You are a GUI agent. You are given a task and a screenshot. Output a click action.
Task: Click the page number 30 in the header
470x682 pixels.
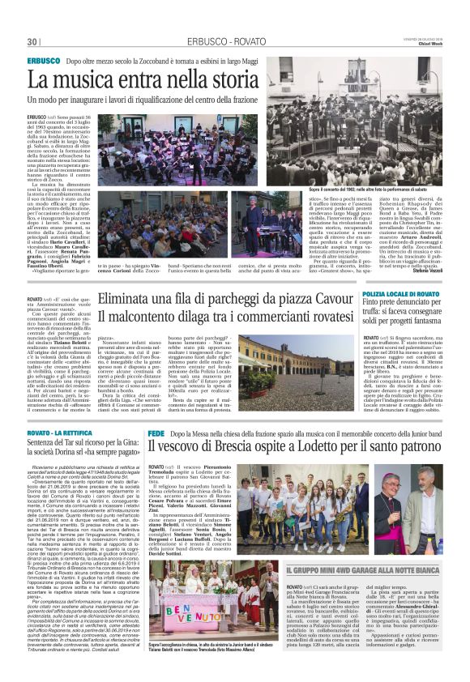[32, 41]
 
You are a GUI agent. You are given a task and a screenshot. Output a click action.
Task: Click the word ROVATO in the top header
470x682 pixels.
[251, 41]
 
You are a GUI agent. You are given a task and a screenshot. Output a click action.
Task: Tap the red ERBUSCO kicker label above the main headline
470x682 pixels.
[43, 61]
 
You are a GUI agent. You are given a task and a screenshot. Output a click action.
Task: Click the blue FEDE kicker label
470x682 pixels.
[157, 435]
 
